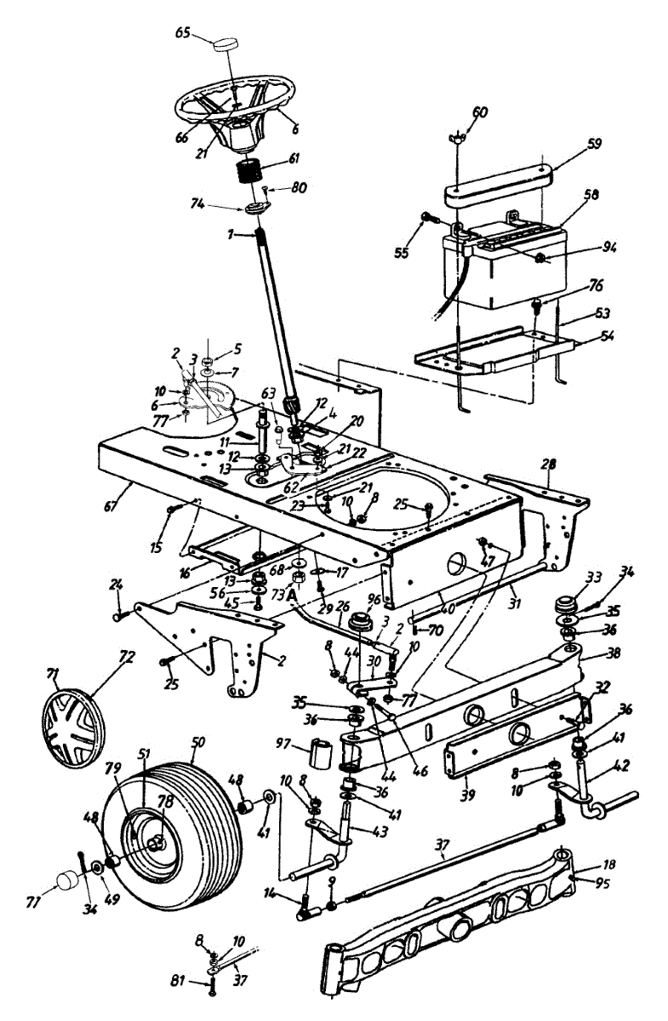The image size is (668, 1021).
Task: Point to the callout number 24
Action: click(117, 585)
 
